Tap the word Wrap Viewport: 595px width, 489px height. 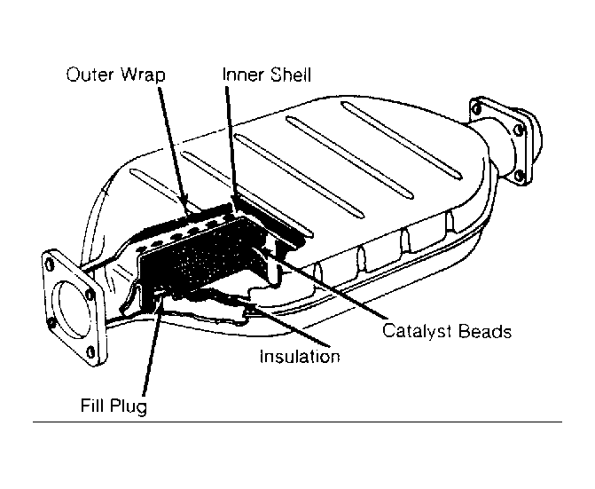click(x=141, y=75)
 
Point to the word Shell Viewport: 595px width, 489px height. click(x=289, y=74)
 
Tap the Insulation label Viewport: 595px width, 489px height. click(x=300, y=357)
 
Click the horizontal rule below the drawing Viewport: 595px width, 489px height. click(x=297, y=421)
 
